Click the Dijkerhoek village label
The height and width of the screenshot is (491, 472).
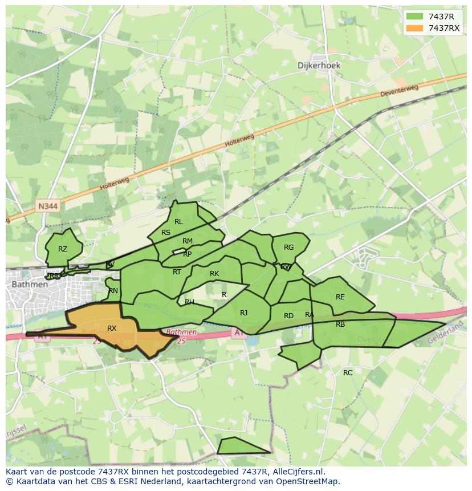(319, 65)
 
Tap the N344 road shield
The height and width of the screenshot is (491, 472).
(48, 206)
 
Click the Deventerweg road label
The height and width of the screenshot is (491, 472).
(399, 91)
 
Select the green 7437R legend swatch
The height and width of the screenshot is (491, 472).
(415, 17)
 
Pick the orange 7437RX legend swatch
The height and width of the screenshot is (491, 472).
(415, 28)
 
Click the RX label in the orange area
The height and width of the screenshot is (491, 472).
(112, 328)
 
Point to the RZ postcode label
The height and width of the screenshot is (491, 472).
(63, 249)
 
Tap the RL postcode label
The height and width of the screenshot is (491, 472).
(178, 222)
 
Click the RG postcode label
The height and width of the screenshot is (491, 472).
(288, 247)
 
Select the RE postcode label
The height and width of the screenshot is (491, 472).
(340, 297)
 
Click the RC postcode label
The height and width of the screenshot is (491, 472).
(348, 373)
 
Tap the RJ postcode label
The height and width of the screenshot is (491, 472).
(244, 313)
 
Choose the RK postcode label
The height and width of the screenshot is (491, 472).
(214, 274)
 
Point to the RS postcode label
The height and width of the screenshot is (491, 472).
(166, 233)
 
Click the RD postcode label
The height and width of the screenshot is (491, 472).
(288, 316)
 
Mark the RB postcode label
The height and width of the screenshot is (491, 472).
(340, 324)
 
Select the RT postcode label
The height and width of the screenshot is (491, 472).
(177, 272)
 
